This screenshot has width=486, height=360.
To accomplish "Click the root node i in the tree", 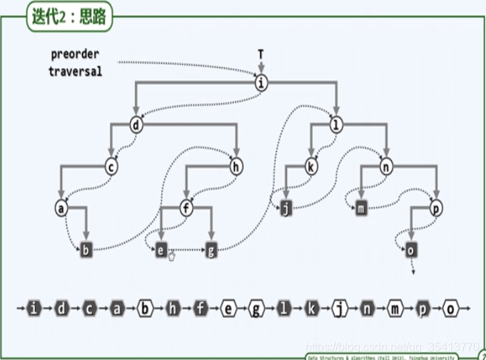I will [x=261, y=84].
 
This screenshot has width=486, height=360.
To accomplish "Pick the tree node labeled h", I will [x=236, y=166].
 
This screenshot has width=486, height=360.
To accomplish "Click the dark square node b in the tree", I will [x=86, y=250].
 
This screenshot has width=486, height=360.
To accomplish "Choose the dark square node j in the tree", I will [x=286, y=209].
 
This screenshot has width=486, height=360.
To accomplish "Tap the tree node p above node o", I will [x=435, y=209].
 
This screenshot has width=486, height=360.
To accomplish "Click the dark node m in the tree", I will [x=361, y=209].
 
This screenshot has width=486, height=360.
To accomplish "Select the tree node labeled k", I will [x=310, y=166].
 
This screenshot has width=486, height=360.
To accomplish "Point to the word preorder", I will [x=75, y=54].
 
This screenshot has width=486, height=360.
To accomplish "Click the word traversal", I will [x=75, y=71].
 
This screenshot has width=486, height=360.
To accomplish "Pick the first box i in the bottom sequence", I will [x=35, y=309].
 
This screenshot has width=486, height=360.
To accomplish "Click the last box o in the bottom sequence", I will [x=451, y=309].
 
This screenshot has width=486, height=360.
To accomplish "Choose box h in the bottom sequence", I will [x=173, y=309].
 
